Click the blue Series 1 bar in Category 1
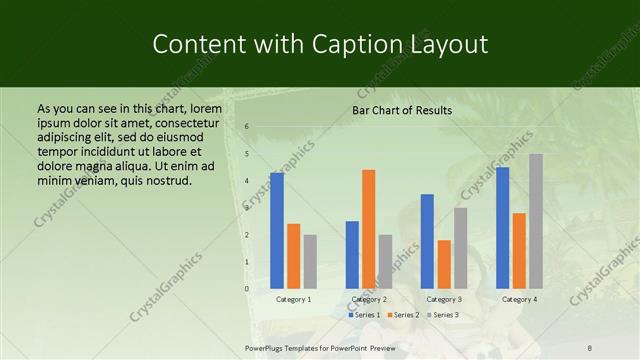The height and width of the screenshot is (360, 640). [277, 231]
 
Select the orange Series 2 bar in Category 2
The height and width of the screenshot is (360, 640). [369, 229]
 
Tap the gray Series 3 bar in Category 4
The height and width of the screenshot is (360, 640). [536, 221]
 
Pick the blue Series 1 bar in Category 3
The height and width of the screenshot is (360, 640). [427, 241]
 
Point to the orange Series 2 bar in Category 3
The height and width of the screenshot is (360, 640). [444, 264]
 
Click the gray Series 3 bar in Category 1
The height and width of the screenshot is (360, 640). [310, 262]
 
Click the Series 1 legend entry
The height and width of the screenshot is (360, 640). [365, 315]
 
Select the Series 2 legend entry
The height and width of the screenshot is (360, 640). [402, 315]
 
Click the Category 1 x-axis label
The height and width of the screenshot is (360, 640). [293, 299]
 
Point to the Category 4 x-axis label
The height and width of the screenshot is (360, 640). [519, 299]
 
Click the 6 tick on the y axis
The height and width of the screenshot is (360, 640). [247, 126]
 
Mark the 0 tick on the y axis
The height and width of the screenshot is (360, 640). [247, 289]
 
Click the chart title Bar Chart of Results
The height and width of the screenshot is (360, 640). [402, 110]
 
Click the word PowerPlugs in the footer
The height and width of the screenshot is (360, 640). [267, 347]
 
